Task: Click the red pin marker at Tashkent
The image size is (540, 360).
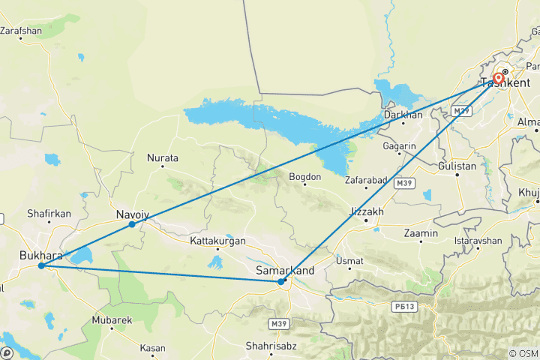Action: pos(499,78)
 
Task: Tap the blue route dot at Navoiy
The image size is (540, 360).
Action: pos(132,224)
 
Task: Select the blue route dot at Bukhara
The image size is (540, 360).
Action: pos(41,265)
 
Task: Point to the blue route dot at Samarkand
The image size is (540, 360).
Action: pos(281,282)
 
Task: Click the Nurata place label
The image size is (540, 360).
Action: pos(163,158)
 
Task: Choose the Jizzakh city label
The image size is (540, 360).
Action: pos(367,212)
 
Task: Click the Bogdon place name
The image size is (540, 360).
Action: pos(305,177)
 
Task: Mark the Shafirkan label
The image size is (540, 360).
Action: pos(49,214)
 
